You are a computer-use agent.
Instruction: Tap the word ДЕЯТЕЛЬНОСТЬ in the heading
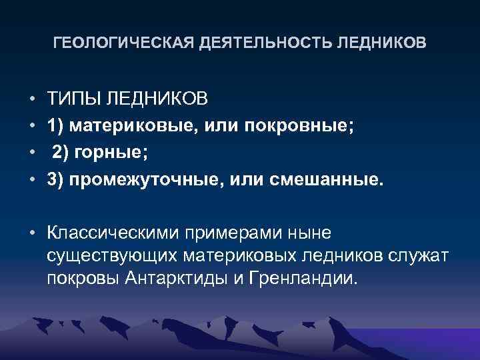tap(264, 44)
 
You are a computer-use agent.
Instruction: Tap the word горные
tap(112, 153)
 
